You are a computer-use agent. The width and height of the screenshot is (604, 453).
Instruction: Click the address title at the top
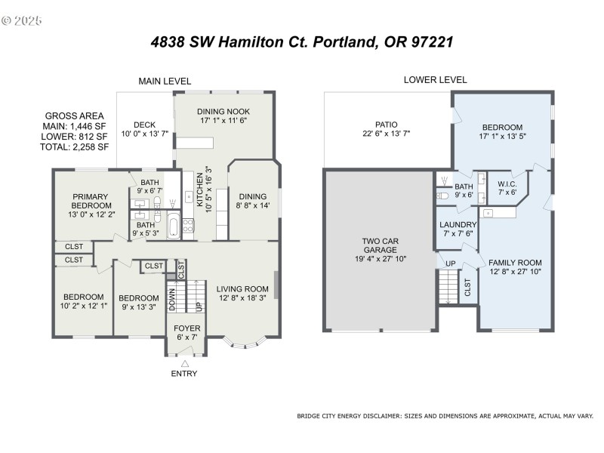coord(302,42)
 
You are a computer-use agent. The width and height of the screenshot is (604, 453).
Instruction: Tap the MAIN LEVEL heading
coord(164,81)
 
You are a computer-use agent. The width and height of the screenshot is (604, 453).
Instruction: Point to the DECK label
coord(144,125)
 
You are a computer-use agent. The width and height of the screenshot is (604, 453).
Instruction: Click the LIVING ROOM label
coord(242,288)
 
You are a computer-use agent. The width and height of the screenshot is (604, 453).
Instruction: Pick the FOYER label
coord(187,328)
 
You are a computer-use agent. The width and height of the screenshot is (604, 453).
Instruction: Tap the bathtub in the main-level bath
coord(172,226)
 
